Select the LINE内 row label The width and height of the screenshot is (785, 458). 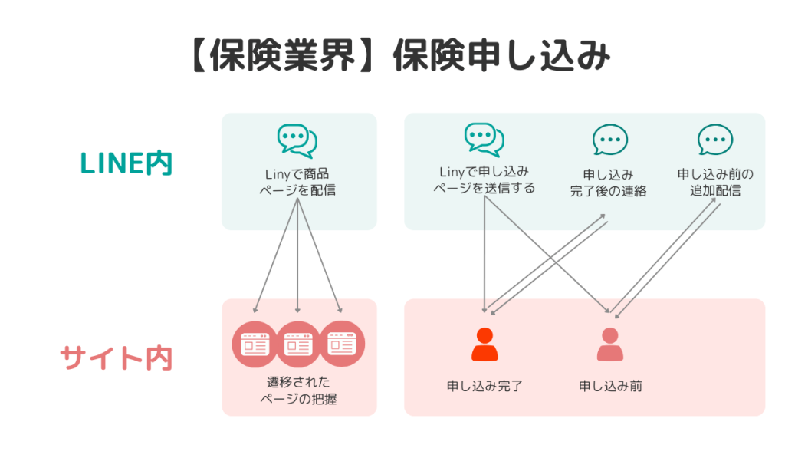point(126,163)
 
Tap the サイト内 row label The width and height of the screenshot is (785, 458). point(117,358)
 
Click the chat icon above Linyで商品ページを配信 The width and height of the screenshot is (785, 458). point(297,141)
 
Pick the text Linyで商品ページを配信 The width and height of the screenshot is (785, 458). point(297,182)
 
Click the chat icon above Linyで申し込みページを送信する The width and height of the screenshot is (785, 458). point(484,139)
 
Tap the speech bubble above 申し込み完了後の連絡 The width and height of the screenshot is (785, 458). point(609,141)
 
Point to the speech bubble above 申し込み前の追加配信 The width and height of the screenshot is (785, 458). point(715,141)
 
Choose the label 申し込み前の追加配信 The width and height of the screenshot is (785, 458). point(715,183)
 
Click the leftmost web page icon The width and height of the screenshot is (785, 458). point(254,344)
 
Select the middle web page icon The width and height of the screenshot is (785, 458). point(298,344)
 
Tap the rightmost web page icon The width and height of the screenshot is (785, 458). point(342,344)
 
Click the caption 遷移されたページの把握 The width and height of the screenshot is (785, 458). point(297,390)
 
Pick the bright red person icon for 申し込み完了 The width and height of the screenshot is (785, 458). point(484,344)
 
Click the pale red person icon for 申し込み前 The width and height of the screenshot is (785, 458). point(609,344)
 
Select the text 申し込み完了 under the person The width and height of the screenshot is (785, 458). point(484,386)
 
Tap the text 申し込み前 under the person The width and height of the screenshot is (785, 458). point(610,386)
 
